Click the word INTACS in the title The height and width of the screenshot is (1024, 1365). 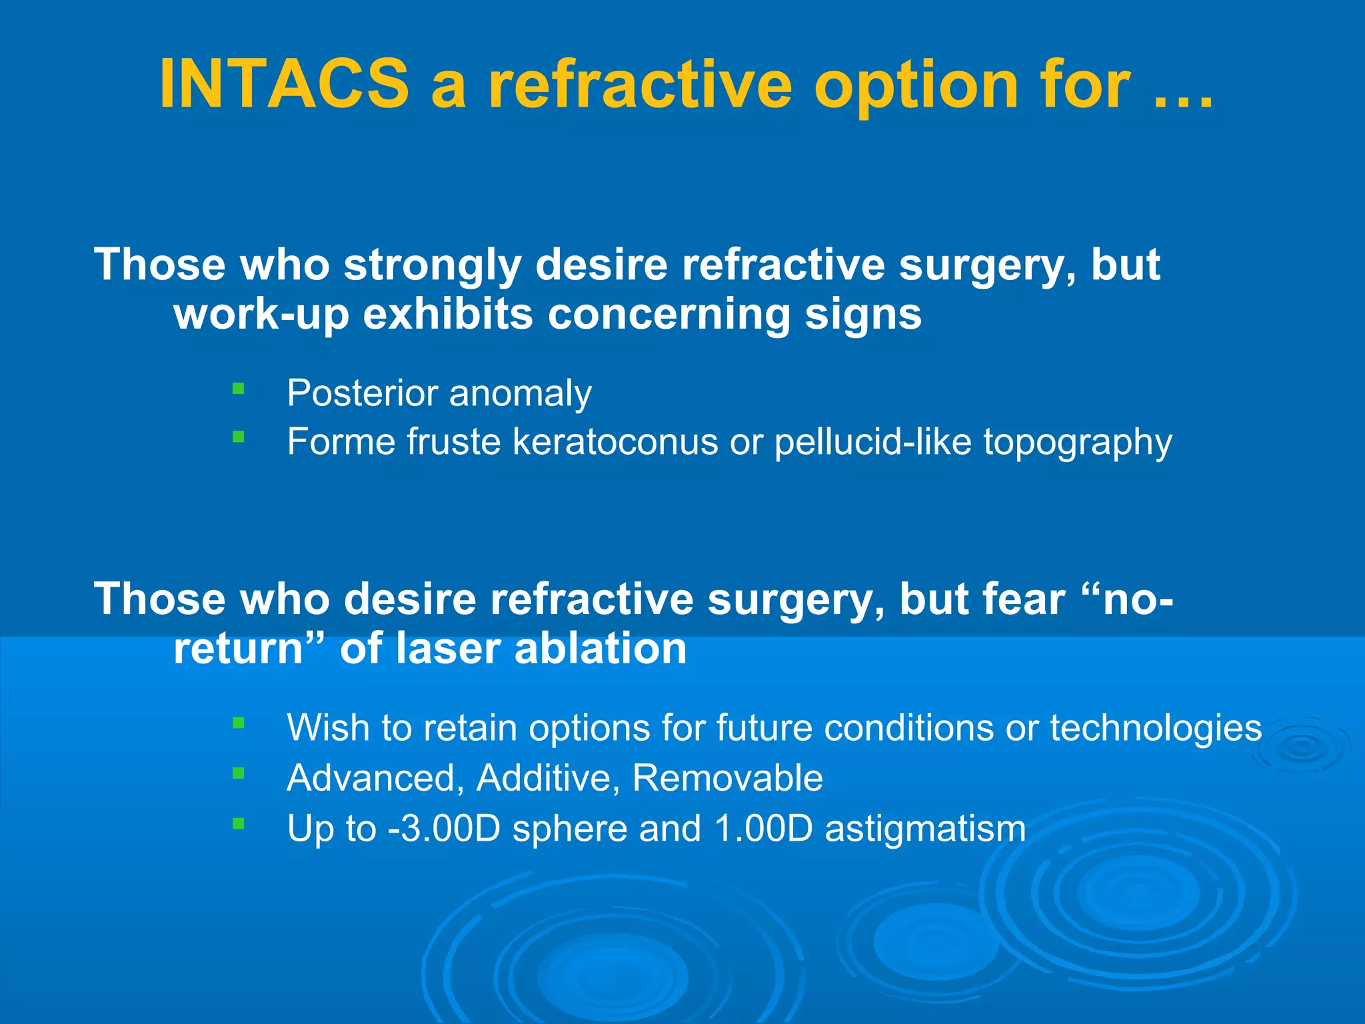[284, 85]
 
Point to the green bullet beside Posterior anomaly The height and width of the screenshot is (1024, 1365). [239, 388]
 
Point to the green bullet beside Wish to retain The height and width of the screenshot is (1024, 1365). [239, 723]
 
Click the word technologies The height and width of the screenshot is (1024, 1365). [1156, 727]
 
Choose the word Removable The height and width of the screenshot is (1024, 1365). [727, 778]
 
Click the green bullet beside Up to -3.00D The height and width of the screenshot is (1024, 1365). [239, 824]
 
